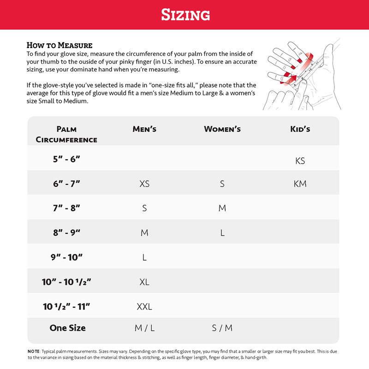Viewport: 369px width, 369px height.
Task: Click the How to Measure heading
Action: [x=60, y=45]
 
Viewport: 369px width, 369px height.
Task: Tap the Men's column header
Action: [x=144, y=129]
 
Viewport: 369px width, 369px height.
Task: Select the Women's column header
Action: [x=222, y=129]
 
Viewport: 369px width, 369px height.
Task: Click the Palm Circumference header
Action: [x=66, y=134]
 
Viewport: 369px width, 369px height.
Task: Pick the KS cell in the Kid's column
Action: [x=300, y=161]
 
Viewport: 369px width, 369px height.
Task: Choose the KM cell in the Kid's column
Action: [x=300, y=184]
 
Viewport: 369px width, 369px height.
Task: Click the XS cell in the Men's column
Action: [x=144, y=184]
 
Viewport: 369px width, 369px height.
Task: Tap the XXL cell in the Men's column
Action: [x=144, y=306]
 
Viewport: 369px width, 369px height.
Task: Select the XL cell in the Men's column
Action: [x=144, y=282]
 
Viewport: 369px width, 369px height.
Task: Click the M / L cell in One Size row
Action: [x=144, y=328]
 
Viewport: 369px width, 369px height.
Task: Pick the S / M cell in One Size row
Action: [x=222, y=328]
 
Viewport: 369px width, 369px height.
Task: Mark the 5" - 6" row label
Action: [x=66, y=159]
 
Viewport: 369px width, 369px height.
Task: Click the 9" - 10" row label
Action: [x=66, y=257]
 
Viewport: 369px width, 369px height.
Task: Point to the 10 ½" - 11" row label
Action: [x=66, y=306]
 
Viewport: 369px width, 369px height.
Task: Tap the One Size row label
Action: [x=67, y=328]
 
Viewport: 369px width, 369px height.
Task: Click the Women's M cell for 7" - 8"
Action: [x=222, y=208]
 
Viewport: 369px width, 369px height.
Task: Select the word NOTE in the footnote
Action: [x=34, y=351]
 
